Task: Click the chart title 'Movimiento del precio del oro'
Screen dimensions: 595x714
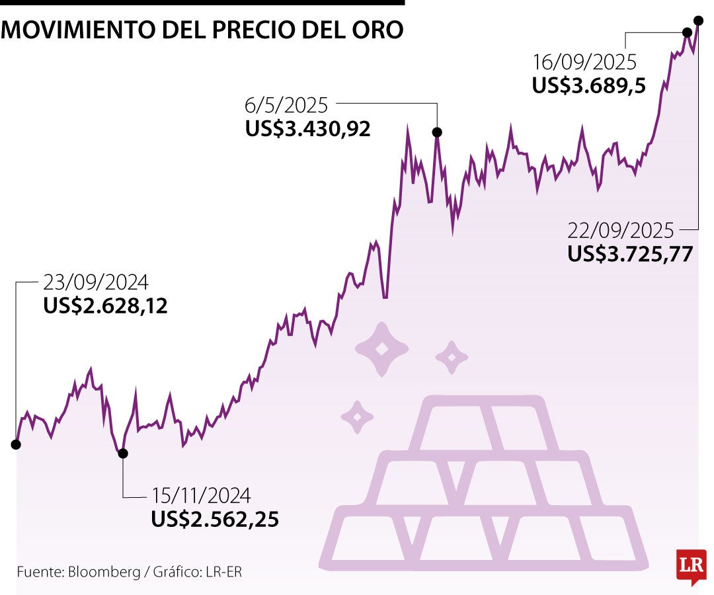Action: click(x=202, y=29)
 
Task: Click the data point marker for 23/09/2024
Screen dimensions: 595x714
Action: click(x=16, y=444)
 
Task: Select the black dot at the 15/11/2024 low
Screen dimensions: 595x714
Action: click(x=122, y=453)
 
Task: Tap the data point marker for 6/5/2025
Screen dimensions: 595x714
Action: click(x=437, y=132)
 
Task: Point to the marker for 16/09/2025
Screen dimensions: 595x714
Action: click(x=687, y=32)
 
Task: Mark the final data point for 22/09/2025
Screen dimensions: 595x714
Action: click(x=698, y=20)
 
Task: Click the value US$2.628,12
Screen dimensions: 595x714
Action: click(x=105, y=306)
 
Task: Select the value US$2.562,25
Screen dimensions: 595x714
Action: click(x=215, y=519)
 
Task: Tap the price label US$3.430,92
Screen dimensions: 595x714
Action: click(x=308, y=128)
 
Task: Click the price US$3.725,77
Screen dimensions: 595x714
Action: click(x=630, y=255)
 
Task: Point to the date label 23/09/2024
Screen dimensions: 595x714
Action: click(x=96, y=283)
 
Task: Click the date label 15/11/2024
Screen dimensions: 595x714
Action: click(x=201, y=495)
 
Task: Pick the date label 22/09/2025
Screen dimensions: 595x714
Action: click(x=620, y=231)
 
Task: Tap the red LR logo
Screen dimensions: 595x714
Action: click(x=691, y=565)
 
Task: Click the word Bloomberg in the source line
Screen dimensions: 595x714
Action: click(x=104, y=572)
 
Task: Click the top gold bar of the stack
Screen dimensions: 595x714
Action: click(x=477, y=423)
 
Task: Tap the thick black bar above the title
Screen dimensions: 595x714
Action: click(x=202, y=3)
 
